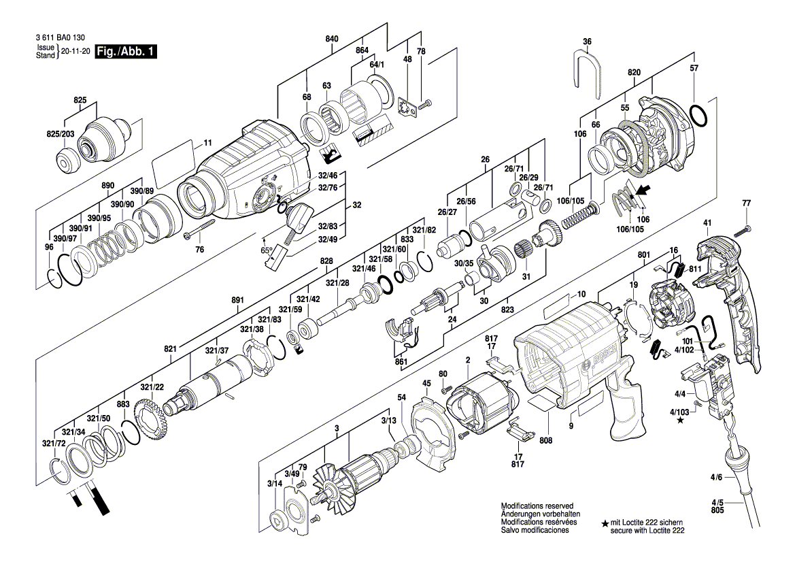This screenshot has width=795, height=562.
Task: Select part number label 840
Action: [x=331, y=39]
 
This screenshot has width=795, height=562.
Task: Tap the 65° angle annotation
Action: [x=267, y=250]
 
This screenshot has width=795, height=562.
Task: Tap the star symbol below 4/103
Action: [x=680, y=421]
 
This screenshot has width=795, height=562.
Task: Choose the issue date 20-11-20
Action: [x=75, y=52]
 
